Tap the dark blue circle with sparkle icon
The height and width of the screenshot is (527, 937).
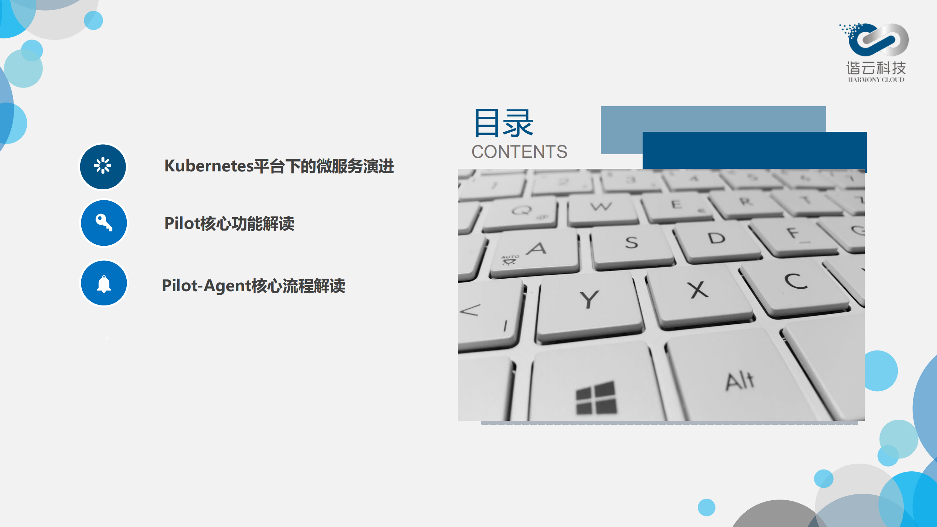(103, 167)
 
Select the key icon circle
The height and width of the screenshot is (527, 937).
(104, 223)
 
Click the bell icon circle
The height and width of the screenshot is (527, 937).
(104, 283)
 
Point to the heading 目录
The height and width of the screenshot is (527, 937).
(503, 123)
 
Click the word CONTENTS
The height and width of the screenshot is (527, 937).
(519, 152)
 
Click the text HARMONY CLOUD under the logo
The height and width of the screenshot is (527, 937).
(876, 80)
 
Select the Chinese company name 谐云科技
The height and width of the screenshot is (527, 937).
(876, 68)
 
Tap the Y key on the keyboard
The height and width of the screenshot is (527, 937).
(590, 302)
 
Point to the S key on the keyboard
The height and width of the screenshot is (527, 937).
(632, 244)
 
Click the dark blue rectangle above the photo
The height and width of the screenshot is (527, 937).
(754, 150)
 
